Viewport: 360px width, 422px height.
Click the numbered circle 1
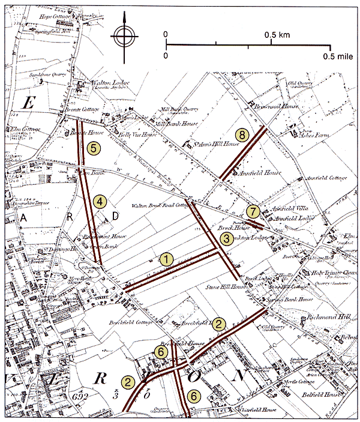tap(166, 259)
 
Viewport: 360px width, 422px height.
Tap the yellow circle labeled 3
tap(226, 239)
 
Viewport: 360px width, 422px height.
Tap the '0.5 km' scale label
tap(277, 35)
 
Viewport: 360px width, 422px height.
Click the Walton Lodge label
tap(104, 83)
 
